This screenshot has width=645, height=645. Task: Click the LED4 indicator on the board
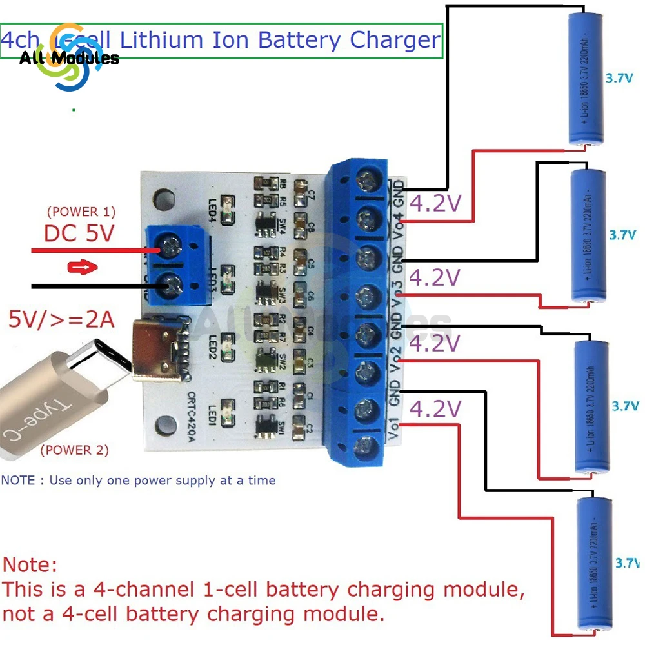click(226, 204)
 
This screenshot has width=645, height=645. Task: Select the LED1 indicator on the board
click(226, 411)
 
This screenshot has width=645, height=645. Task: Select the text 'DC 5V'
click(79, 233)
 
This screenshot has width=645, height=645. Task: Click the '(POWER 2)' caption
click(74, 450)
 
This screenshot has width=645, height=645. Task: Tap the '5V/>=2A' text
click(61, 319)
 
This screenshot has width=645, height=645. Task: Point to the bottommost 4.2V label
click(436, 409)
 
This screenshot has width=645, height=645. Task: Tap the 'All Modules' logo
click(68, 58)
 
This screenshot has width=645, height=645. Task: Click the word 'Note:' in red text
click(30, 566)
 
